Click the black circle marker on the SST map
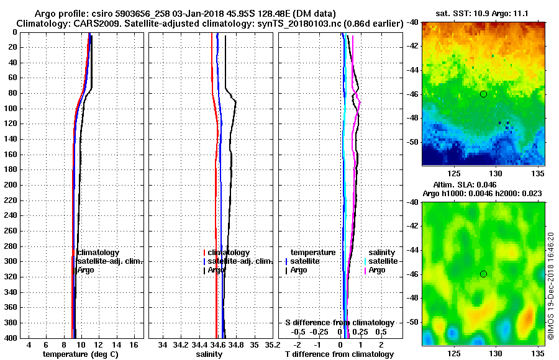pos(483,94)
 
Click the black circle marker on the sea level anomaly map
pos(483,274)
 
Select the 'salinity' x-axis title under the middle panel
pos(210,354)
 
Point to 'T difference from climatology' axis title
pos(339,354)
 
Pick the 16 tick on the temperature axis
pos(134,344)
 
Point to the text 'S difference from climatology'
pos(339,323)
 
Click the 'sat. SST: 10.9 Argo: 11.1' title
pos(483,13)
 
